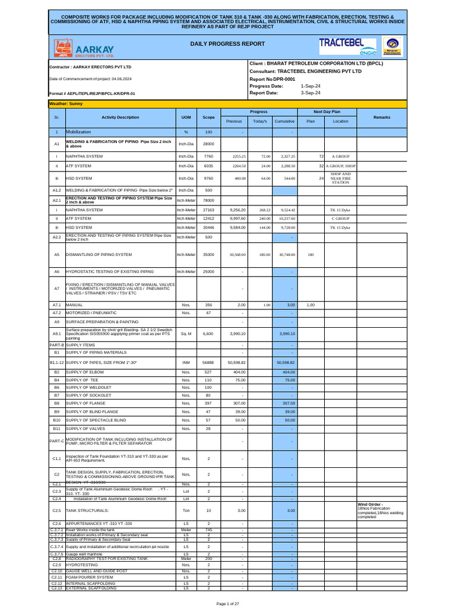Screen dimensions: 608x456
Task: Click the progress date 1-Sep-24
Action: click(x=311, y=86)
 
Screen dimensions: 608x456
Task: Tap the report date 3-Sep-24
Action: click(x=311, y=93)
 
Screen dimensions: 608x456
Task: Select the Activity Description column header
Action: click(x=120, y=118)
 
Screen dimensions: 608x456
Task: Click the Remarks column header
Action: click(x=382, y=118)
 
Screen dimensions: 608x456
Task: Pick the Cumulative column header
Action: click(x=284, y=121)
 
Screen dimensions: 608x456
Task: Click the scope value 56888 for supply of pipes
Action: click(x=208, y=362)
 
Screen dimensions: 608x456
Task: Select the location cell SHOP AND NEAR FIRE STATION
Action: click(x=340, y=178)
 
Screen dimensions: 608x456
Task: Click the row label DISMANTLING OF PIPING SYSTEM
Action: click(x=99, y=255)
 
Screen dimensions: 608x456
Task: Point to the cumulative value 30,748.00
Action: click(x=284, y=255)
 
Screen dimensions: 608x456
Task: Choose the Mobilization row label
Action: click(x=78, y=132)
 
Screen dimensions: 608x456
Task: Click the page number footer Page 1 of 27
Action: click(x=228, y=603)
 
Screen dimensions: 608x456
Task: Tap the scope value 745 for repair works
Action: click(x=208, y=530)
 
